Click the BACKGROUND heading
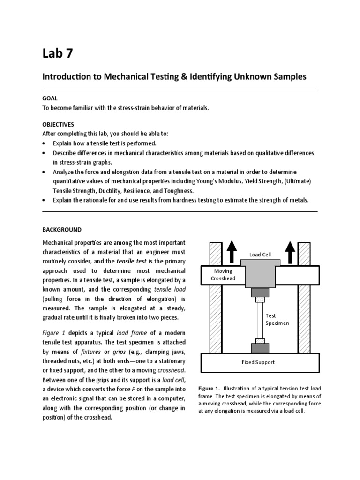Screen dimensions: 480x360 click(x=62, y=230)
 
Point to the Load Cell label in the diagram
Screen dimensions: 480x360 click(x=260, y=255)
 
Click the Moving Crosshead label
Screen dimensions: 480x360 click(x=223, y=275)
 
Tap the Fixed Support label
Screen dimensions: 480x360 click(x=258, y=362)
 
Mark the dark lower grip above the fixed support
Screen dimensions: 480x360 click(x=260, y=348)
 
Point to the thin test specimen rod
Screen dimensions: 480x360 click(x=260, y=319)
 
